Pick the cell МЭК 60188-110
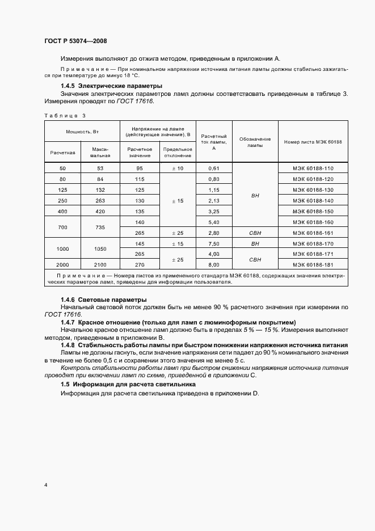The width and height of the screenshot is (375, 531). click(x=313, y=168)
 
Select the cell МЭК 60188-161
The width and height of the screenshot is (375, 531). click(x=313, y=233)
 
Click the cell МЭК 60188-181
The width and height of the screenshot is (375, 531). click(x=313, y=264)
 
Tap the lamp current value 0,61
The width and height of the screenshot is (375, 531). click(x=214, y=168)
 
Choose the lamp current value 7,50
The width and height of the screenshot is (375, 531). click(x=214, y=243)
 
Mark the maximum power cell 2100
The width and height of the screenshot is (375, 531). click(x=100, y=264)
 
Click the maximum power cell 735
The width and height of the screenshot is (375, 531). click(x=100, y=227)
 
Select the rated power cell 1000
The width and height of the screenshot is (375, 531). click(x=62, y=248)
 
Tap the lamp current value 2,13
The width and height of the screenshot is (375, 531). click(x=214, y=200)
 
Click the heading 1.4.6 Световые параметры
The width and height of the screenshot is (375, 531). click(x=95, y=299)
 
